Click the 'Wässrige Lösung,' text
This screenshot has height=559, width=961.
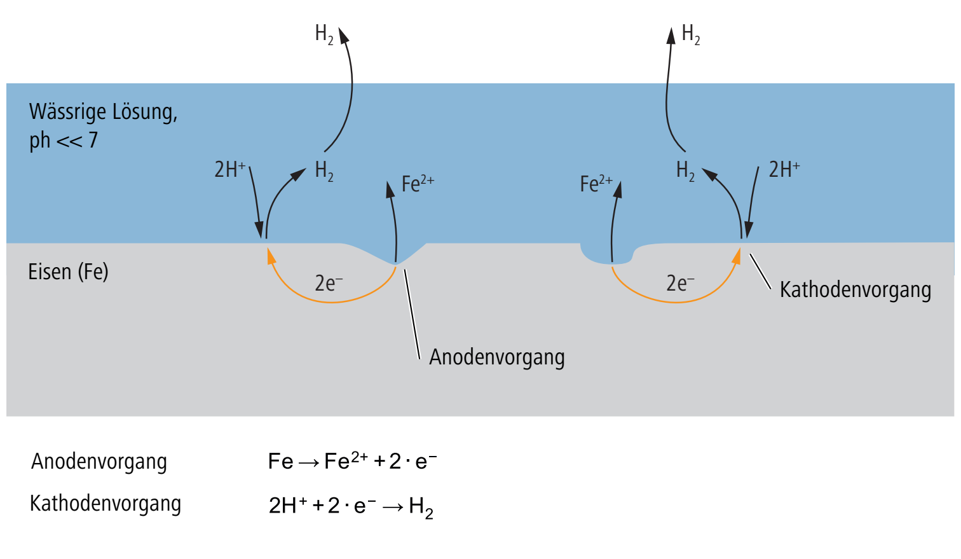tap(104, 113)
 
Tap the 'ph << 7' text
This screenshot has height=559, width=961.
tap(64, 140)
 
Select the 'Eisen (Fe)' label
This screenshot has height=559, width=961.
tap(68, 272)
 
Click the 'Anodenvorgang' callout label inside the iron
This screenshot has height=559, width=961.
tap(497, 357)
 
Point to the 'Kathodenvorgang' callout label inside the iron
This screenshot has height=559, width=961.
tap(855, 290)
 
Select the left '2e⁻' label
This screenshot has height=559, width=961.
tap(329, 284)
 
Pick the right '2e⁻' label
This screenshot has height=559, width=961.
tap(680, 284)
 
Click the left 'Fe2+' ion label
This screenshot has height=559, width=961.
tap(418, 184)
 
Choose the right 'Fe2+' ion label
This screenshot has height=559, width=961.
tap(596, 184)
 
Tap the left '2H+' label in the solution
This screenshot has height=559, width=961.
tap(230, 169)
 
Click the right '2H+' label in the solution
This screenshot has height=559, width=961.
tap(784, 169)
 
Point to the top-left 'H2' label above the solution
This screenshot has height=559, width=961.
tap(324, 34)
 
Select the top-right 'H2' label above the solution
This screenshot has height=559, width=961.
tap(691, 34)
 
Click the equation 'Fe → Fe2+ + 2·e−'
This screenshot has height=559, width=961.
tap(352, 462)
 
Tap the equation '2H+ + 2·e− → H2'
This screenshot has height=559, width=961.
tap(351, 507)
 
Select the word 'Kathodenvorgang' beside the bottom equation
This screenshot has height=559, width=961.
tap(106, 504)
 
